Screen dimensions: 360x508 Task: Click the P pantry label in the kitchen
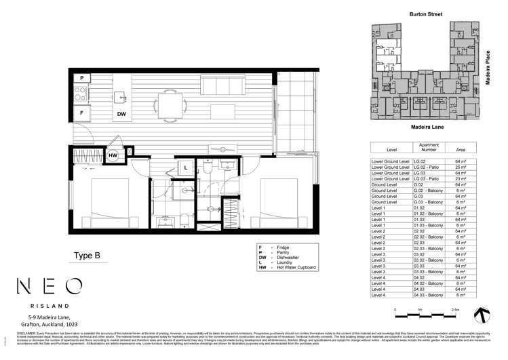pyautogui.click(x=81, y=79)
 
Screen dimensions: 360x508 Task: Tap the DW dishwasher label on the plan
pyautogui.click(x=121, y=114)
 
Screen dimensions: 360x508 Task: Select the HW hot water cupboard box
pyautogui.click(x=114, y=155)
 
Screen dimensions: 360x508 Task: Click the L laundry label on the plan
pyautogui.click(x=186, y=167)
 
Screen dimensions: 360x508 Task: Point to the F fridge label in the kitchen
pyautogui.click(x=81, y=113)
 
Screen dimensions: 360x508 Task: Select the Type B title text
pyautogui.click(x=87, y=256)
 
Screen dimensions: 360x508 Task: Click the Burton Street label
pyautogui.click(x=426, y=14)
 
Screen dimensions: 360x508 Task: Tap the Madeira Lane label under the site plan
pyautogui.click(x=427, y=127)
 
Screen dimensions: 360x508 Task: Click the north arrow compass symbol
pyautogui.click(x=482, y=314)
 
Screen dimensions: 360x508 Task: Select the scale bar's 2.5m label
pyautogui.click(x=455, y=309)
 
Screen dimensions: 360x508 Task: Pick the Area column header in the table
pyautogui.click(x=461, y=149)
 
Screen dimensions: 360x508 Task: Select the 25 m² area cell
pyautogui.click(x=461, y=167)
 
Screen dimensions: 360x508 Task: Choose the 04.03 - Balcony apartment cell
pyautogui.click(x=429, y=295)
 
